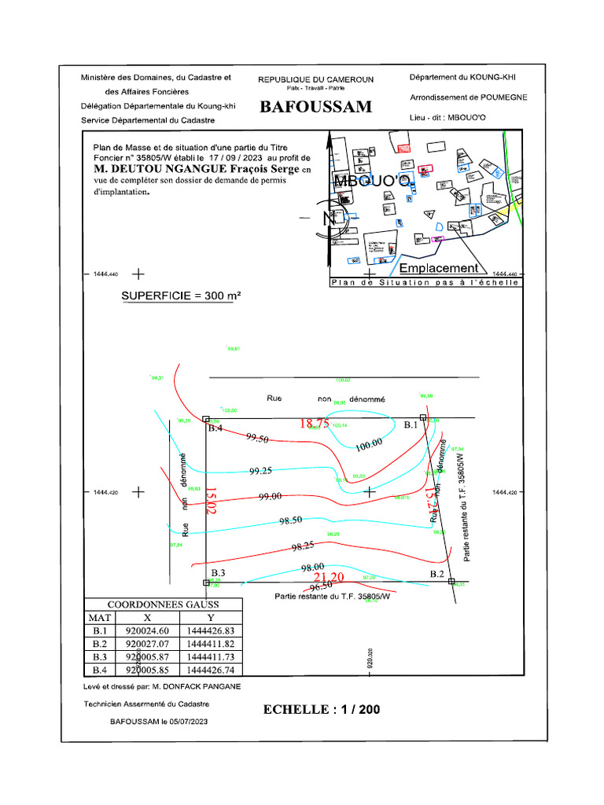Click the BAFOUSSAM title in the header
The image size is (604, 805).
[x=315, y=107]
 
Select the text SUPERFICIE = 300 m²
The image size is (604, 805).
[x=181, y=296]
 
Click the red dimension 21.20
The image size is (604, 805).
[x=329, y=577]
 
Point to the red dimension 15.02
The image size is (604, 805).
[x=210, y=500]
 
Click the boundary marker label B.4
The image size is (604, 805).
[x=216, y=428]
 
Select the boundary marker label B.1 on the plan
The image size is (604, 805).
[x=411, y=425]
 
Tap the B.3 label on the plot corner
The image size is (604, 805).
[x=218, y=572]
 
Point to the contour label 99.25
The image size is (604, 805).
[x=260, y=471]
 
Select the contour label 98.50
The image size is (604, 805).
[x=290, y=520]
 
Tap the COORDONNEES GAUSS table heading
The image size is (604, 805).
[x=163, y=605]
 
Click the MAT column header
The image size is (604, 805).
[x=100, y=618]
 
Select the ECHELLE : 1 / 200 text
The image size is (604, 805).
[x=322, y=709]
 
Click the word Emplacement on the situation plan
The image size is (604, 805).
[x=439, y=268]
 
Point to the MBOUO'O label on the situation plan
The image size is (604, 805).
[x=371, y=182]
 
